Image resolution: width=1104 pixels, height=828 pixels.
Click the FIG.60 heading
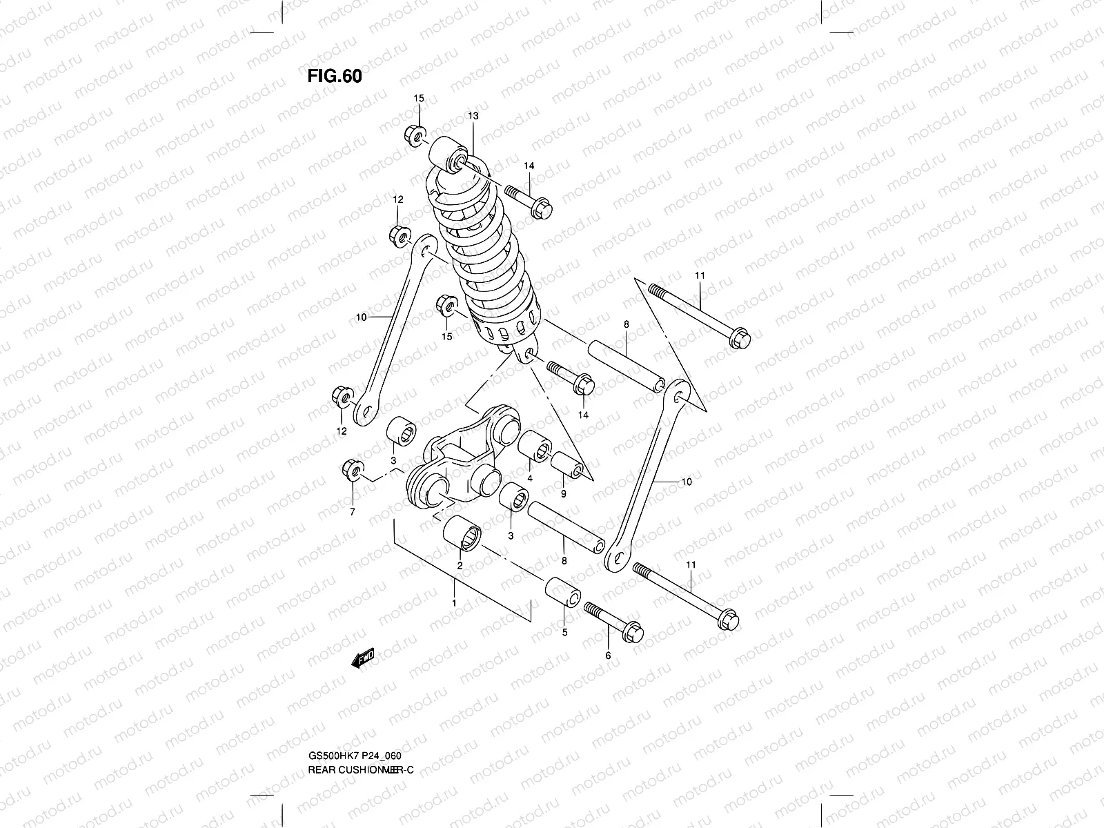(334, 76)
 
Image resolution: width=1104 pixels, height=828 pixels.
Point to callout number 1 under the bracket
(455, 603)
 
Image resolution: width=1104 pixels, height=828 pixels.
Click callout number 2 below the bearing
(460, 565)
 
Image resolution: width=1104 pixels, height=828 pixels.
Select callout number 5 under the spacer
(564, 631)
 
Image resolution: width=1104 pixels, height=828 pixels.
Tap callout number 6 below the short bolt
(608, 655)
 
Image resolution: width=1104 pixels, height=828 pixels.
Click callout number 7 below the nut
(352, 511)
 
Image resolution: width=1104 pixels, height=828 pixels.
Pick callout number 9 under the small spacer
(563, 494)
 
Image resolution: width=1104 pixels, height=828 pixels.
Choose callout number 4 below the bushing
(530, 478)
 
